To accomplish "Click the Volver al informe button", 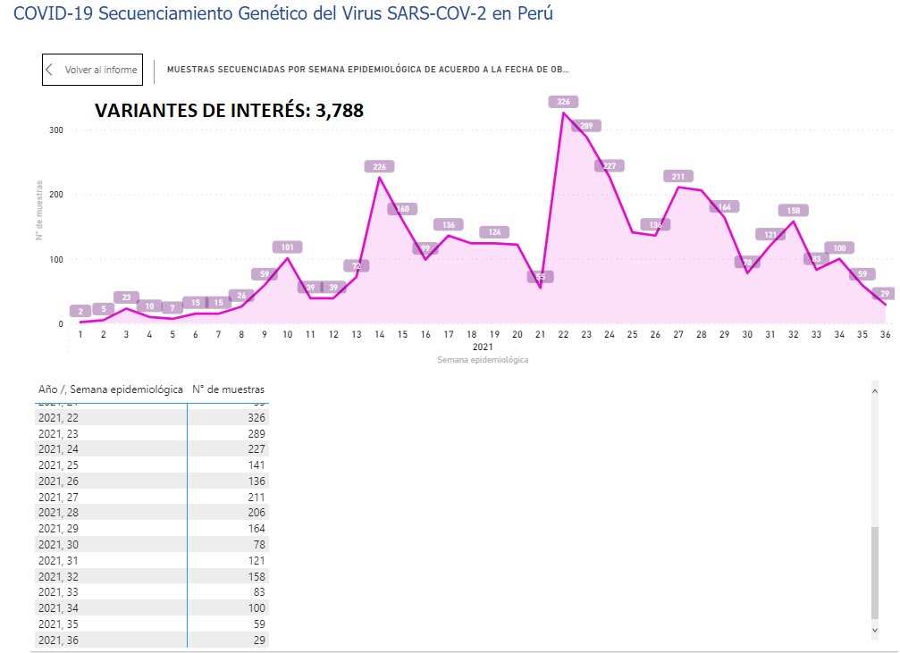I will coord(92,70).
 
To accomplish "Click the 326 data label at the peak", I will coord(563,102).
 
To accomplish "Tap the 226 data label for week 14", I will coord(379,166).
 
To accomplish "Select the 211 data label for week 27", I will coord(678,176).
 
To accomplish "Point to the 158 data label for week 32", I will coord(793,211).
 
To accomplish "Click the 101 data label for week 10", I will coord(287,247).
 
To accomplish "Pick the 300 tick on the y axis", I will coord(56,130).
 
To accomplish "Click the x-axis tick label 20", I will coord(517,334).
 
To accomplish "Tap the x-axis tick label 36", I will coord(885,334).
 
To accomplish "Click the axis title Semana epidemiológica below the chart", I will coord(483,359).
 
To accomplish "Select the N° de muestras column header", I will coord(228,389).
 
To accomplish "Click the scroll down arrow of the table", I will coord(875,631).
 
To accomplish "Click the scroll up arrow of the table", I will coord(875,390).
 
